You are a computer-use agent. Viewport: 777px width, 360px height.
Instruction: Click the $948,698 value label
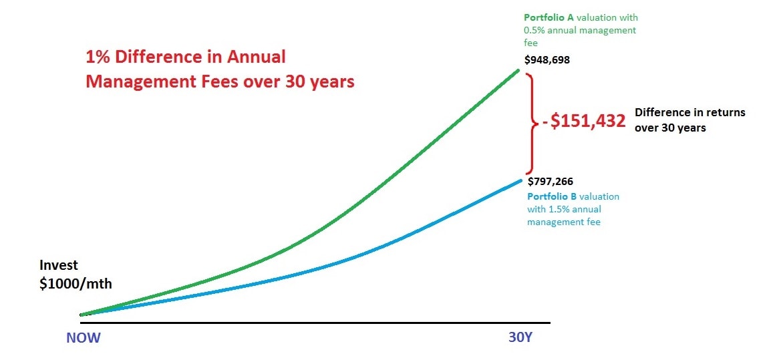[x=547, y=60]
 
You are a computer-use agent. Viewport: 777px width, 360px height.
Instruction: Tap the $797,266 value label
[x=550, y=181]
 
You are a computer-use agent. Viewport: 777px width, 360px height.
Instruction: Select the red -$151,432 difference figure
[x=584, y=121]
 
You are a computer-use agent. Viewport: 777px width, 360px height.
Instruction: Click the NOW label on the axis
[x=83, y=338]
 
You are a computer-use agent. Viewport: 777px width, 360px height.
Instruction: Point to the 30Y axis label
[x=520, y=338]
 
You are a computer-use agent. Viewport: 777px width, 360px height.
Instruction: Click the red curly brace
[x=532, y=122]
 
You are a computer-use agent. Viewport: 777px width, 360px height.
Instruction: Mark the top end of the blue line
[x=520, y=180]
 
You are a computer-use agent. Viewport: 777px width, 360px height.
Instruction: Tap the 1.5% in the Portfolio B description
[x=572, y=209]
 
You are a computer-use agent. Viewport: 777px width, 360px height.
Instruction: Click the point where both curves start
[x=82, y=315]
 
